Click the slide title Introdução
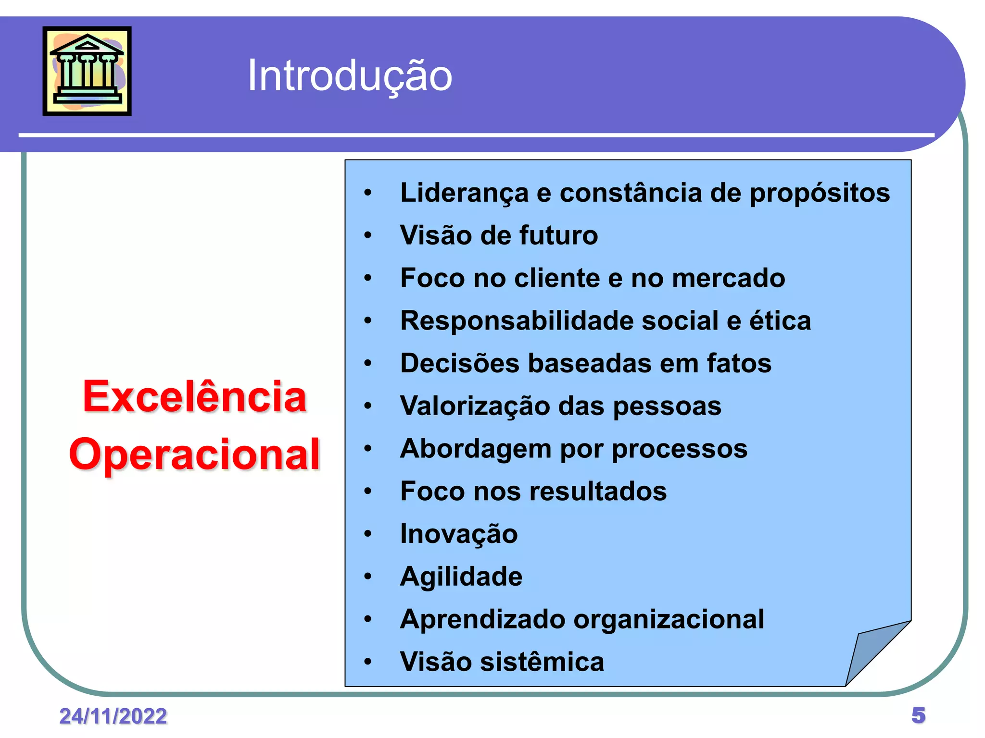pos(350,75)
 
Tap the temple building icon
pos(87,71)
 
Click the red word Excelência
pos(194,397)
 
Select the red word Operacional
pos(194,455)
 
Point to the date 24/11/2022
pos(113,716)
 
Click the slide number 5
pos(918,715)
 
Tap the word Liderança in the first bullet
pos(464,193)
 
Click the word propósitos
pos(820,193)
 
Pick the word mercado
pos(728,278)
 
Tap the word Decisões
pos(460,363)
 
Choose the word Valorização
pos(475,406)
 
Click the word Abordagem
pos(476,449)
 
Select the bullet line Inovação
pos(459,534)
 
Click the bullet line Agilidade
pos(461,577)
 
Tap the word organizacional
pos(669,619)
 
